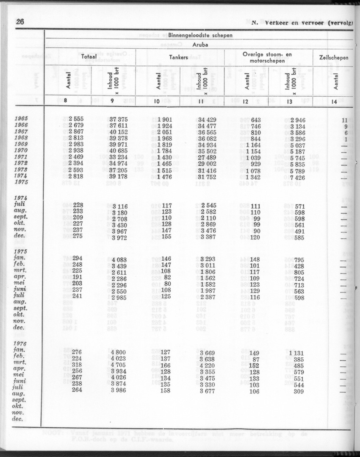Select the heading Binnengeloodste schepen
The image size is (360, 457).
click(x=200, y=35)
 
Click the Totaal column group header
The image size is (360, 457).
click(x=89, y=57)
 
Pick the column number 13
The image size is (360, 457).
click(x=290, y=101)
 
